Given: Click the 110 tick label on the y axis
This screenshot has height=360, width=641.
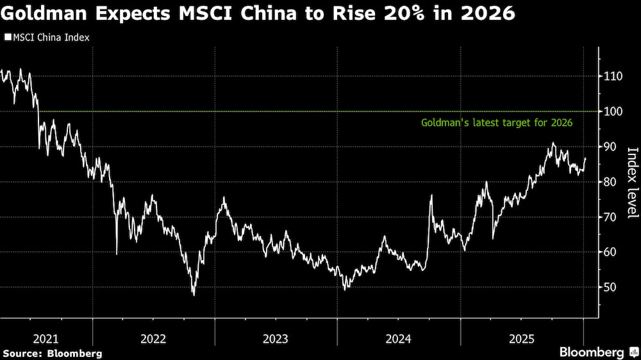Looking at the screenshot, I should point(613,76).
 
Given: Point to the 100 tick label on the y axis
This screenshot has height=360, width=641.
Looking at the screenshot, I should point(613,111).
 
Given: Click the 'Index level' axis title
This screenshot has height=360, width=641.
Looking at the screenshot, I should point(632,183).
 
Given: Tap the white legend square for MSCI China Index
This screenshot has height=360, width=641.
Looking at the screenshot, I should point(7,38).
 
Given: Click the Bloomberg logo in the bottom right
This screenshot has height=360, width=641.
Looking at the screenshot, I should point(592,352).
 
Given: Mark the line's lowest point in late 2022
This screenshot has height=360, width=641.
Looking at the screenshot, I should point(194,295).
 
